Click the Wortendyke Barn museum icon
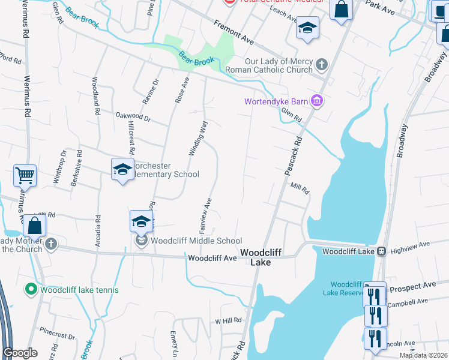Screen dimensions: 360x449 tap(318, 101)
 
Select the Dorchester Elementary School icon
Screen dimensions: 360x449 tap(122, 170)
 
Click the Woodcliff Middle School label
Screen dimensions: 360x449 tap(196, 241)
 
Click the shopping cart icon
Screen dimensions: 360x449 tap(25, 176)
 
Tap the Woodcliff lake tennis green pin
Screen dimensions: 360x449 tap(31, 290)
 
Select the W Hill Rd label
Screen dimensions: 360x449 tap(228, 320)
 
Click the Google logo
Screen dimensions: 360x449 tap(20, 353)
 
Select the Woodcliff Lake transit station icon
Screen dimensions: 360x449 tap(381, 251)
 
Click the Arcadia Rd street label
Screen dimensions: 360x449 tap(97, 232)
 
